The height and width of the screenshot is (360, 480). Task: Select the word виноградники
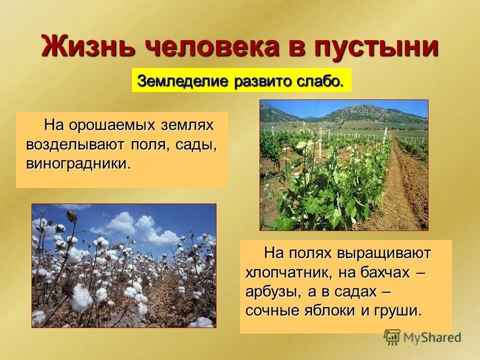click(x=78, y=163)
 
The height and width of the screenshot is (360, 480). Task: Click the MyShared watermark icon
click(x=392, y=337)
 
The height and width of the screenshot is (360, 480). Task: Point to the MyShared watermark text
click(x=432, y=337)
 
